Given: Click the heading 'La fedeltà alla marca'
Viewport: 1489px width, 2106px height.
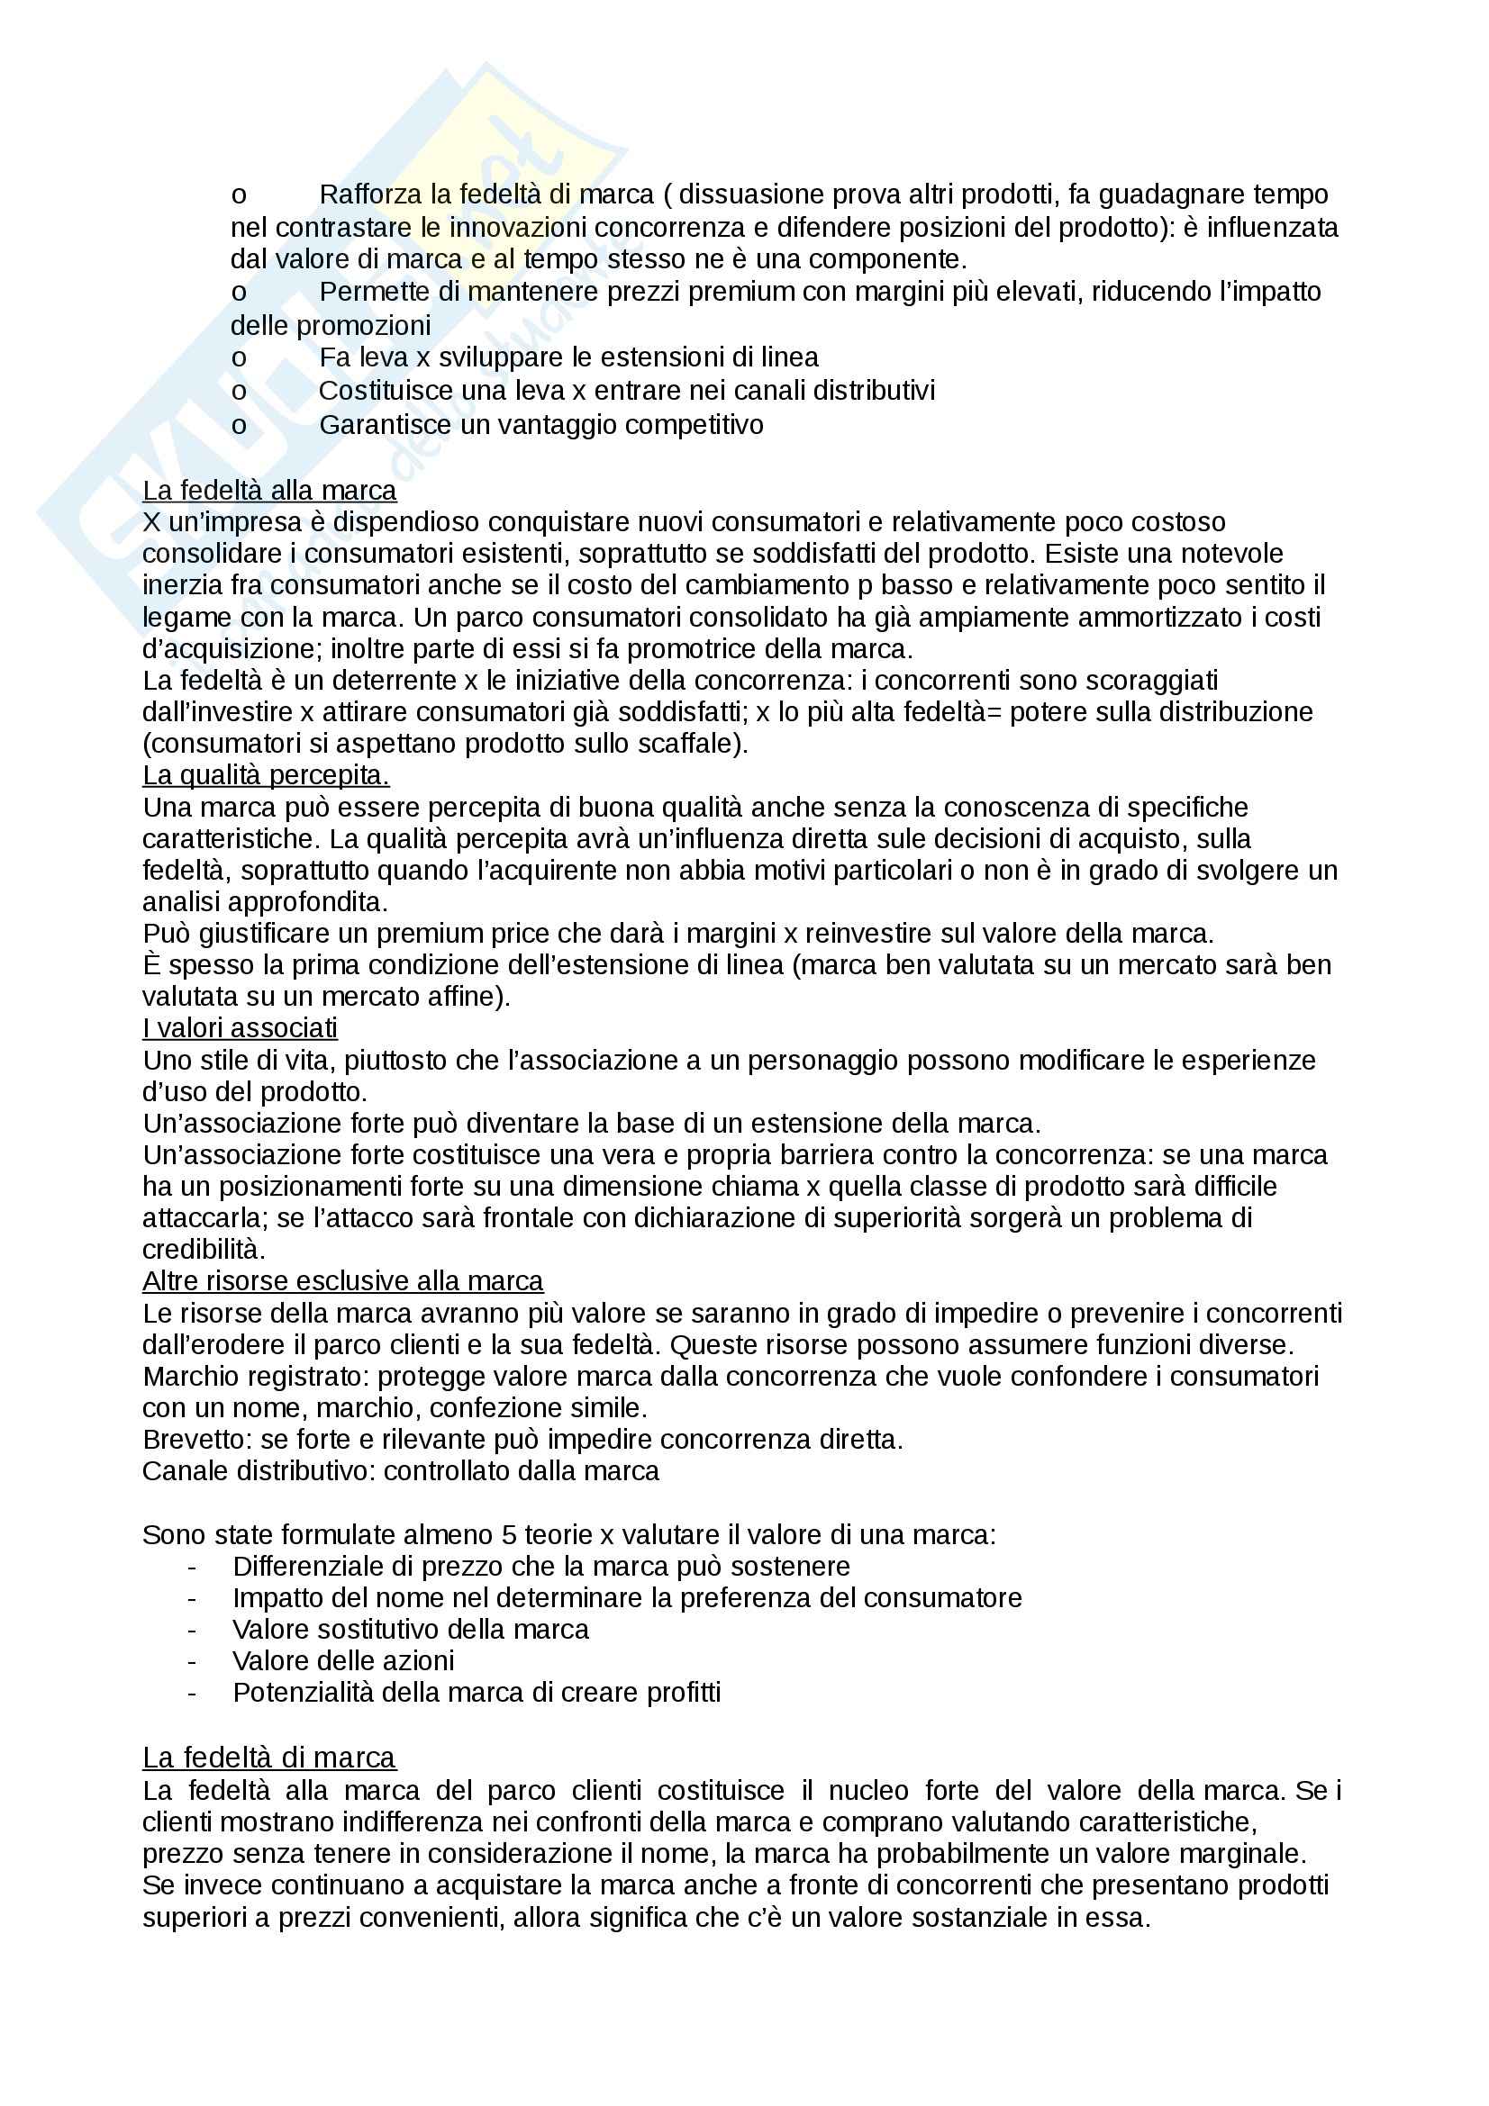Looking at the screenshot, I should click(x=268, y=491).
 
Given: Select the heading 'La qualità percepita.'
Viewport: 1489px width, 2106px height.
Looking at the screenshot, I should click(x=265, y=775).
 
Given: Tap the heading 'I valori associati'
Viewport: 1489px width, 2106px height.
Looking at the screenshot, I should click(x=240, y=1027).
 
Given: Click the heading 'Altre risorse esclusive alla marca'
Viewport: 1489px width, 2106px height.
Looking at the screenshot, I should click(x=342, y=1280).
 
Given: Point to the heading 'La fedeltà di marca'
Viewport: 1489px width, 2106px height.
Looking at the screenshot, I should click(x=268, y=1757).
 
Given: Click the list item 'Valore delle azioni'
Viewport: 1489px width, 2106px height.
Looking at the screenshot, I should click(x=343, y=1660).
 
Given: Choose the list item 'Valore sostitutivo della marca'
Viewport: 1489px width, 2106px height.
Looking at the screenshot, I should click(x=410, y=1629).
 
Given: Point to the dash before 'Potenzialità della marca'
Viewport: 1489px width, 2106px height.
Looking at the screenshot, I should click(x=192, y=1693).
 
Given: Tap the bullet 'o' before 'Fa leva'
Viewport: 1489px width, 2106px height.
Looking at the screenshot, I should click(x=239, y=357).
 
